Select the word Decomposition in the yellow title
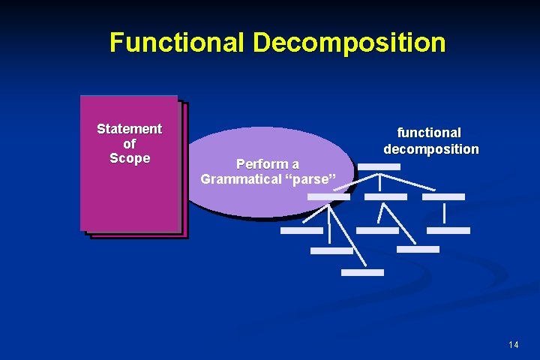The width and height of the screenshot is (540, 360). pyautogui.click(x=349, y=42)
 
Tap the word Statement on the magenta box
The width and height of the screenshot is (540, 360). pyautogui.click(x=129, y=129)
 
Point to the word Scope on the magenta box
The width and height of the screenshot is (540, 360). pyautogui.click(x=130, y=158)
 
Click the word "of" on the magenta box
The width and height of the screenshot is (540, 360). pyautogui.click(x=129, y=143)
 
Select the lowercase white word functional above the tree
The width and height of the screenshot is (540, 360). pyautogui.click(x=429, y=133)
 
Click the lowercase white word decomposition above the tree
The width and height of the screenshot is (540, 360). pyautogui.click(x=431, y=148)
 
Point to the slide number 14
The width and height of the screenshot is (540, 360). pyautogui.click(x=513, y=345)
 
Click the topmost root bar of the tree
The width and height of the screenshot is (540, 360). pyautogui.click(x=379, y=166)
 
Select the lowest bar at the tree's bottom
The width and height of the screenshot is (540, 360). pyautogui.click(x=362, y=272)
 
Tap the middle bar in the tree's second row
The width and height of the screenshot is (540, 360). pyautogui.click(x=385, y=196)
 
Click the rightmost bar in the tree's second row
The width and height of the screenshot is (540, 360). pyautogui.click(x=443, y=196)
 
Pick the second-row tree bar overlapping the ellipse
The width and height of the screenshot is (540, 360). pyautogui.click(x=328, y=196)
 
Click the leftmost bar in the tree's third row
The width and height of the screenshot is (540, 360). pyautogui.click(x=301, y=230)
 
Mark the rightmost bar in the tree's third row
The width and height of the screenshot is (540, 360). pyautogui.click(x=448, y=230)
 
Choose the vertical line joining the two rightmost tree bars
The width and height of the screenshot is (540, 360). pyautogui.click(x=445, y=214)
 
